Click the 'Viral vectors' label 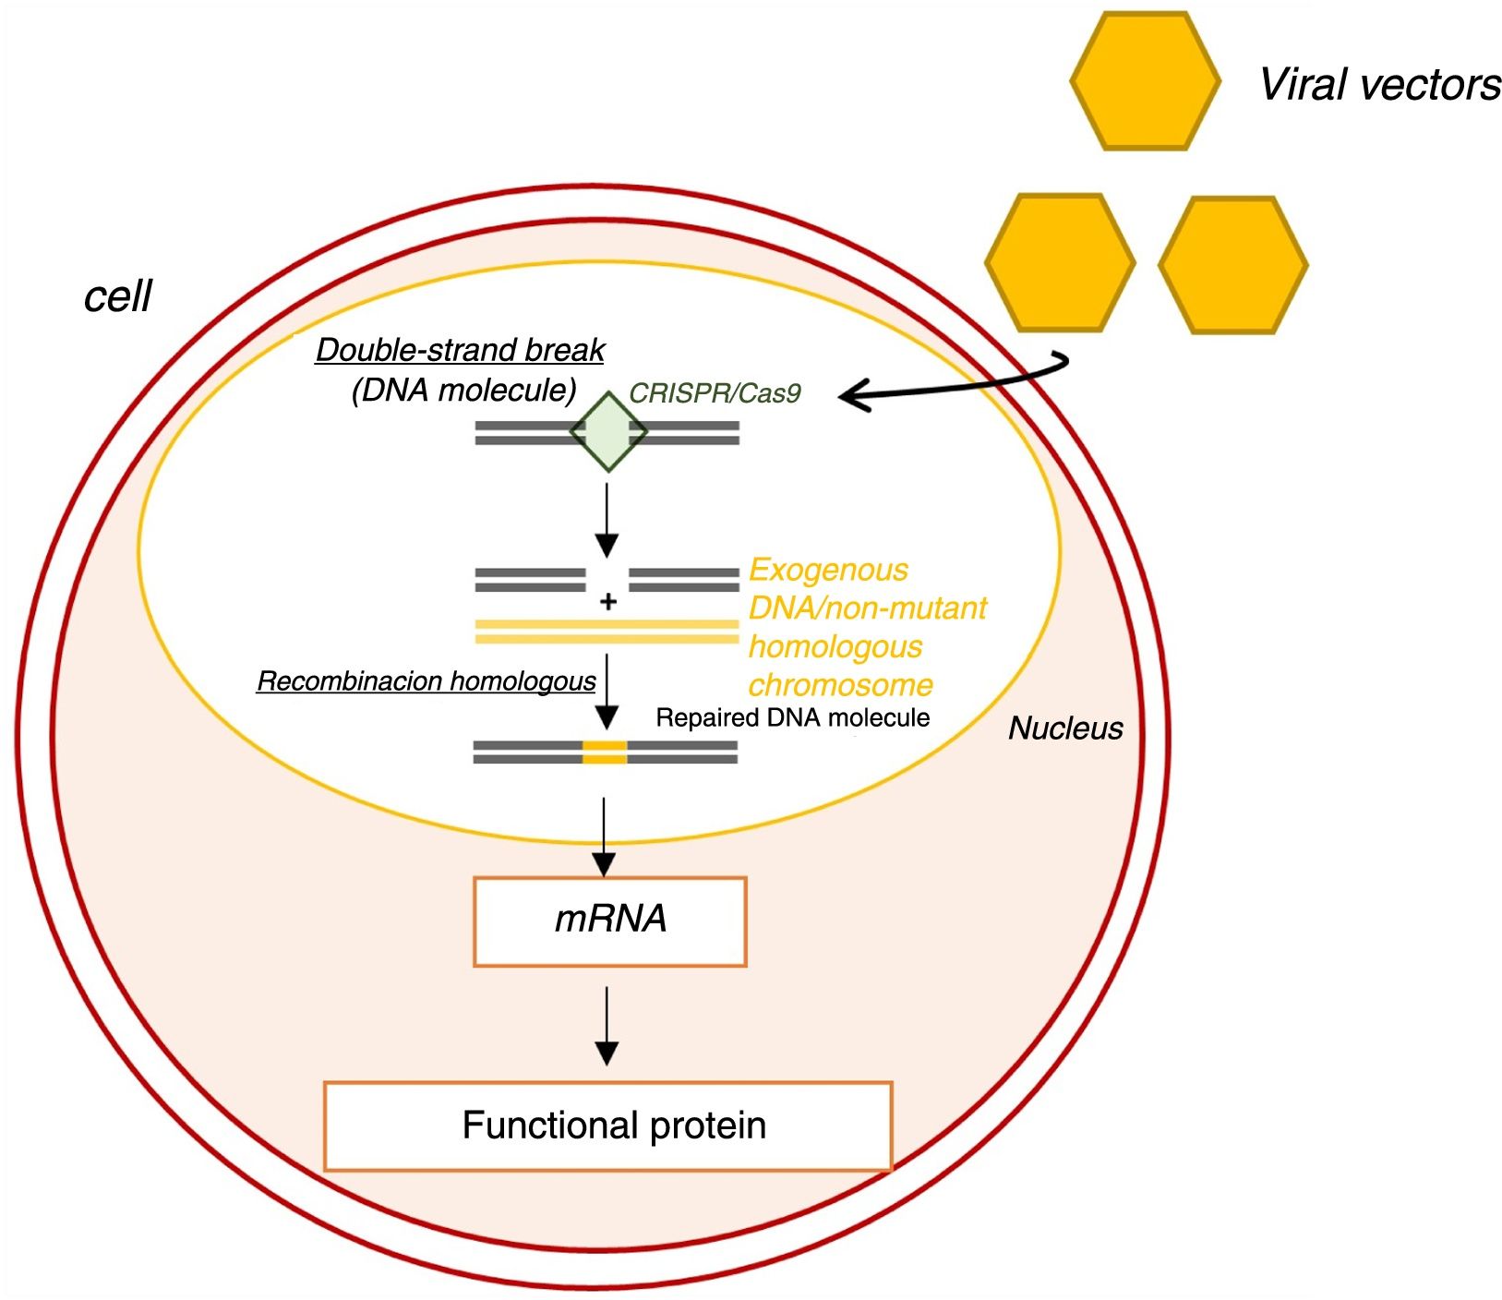point(1379,85)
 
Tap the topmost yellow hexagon point(1145,81)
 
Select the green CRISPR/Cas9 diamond point(608,432)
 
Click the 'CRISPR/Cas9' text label point(715,393)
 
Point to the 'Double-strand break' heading point(460,351)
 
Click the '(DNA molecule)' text point(464,391)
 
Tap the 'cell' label point(117,296)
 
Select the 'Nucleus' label point(1065,728)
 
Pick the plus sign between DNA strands point(608,602)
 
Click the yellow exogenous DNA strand point(607,632)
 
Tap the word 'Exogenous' point(828,570)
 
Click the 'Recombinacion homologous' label point(426,681)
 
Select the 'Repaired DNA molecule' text point(792,718)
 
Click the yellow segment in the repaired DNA point(605,752)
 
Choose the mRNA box point(609,921)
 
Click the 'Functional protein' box point(608,1125)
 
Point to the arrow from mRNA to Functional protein point(607,1025)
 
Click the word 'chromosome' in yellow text point(840,685)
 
